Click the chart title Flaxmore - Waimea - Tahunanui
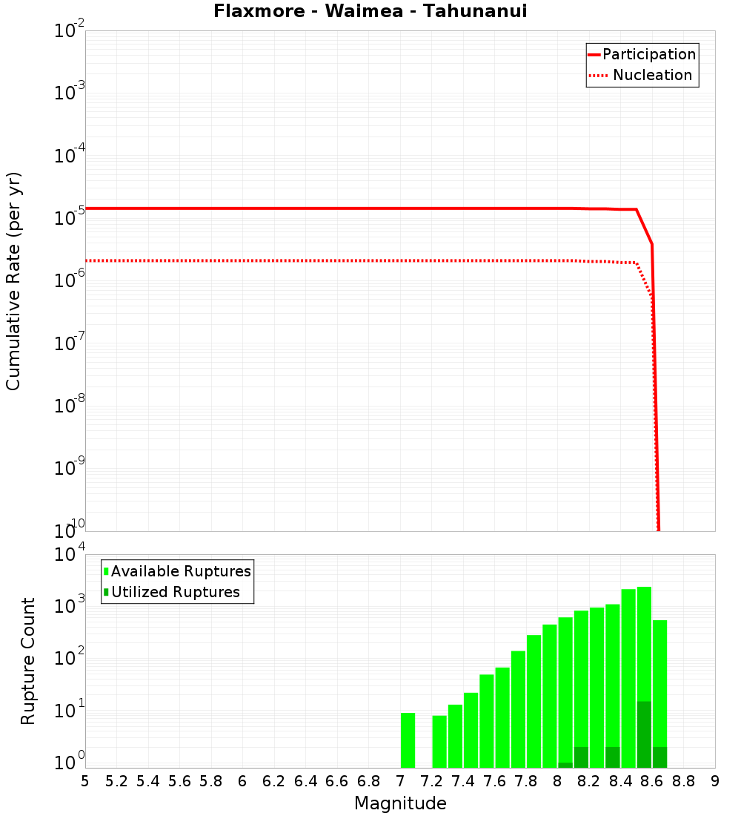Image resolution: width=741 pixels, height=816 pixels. pos(370,12)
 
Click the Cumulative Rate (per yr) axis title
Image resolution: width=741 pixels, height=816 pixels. pos(13,281)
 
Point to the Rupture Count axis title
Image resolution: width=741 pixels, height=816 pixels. pos(28,661)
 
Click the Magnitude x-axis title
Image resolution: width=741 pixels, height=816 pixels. pos(400,803)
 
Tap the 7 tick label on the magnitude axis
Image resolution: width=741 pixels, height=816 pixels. pos(400,781)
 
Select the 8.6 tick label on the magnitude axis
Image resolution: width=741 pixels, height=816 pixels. pos(652,781)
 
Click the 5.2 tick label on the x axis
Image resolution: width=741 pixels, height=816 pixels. pos(116,781)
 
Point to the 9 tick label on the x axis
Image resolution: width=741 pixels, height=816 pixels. pos(715,781)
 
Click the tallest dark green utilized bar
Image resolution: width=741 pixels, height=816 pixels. pos(644,734)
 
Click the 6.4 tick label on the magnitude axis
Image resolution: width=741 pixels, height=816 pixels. pos(305,781)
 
